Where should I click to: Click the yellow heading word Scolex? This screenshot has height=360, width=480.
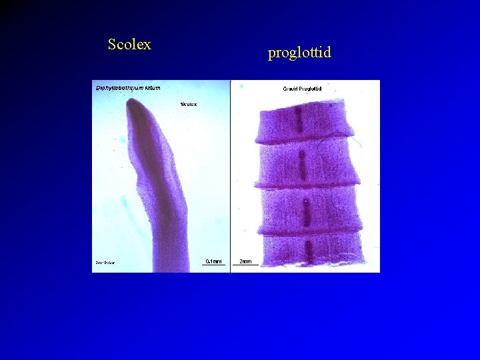tap(129, 45)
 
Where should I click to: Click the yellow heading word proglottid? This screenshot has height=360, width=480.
tap(299, 52)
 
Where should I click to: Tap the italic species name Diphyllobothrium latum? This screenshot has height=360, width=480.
tap(128, 87)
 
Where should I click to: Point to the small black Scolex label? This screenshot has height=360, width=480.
tap(188, 104)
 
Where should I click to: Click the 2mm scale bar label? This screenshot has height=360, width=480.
tap(245, 261)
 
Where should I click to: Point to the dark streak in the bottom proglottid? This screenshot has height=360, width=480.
tap(309, 250)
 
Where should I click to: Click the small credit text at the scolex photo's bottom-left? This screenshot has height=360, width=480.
tap(104, 263)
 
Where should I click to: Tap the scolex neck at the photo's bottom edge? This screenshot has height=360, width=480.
tap(167, 263)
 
